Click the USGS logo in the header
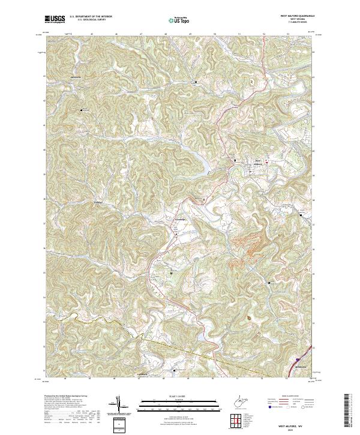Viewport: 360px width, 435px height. point(55,19)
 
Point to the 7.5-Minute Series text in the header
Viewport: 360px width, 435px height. point(292,23)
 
